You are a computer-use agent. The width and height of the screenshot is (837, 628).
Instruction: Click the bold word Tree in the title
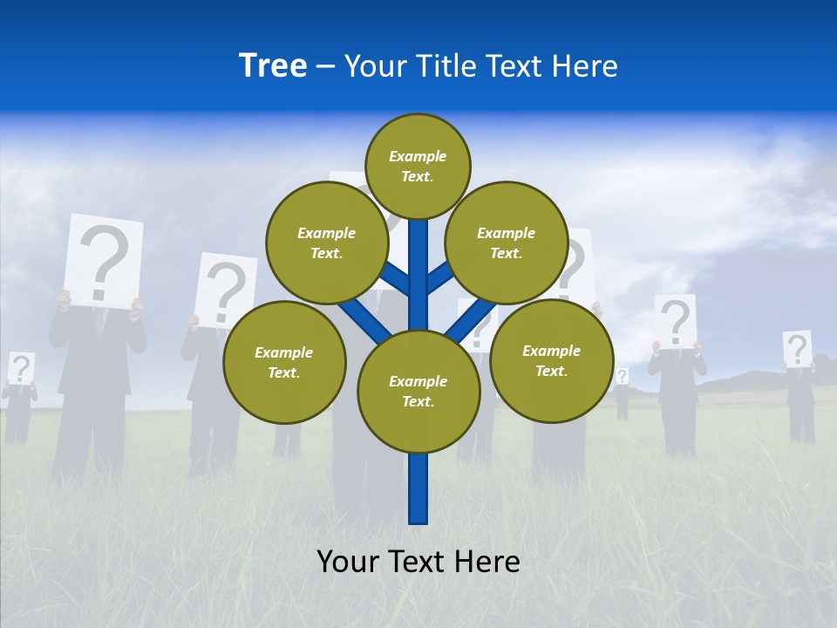273,66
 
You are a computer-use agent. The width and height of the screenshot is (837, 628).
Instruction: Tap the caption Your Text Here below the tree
418,562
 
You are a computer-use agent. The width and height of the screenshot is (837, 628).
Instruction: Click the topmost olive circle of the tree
418,166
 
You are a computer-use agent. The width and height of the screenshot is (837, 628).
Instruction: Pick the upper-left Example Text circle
326,242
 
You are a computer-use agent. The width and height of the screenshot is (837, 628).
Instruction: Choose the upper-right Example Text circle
507,242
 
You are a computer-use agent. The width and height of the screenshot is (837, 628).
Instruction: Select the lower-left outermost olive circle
284,362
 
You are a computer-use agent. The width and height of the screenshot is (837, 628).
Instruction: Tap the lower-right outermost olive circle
552,360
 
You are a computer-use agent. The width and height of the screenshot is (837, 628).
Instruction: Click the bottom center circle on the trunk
418,391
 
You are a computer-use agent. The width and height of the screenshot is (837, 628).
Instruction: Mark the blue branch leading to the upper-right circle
439,278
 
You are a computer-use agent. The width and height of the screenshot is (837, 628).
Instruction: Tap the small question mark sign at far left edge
20,368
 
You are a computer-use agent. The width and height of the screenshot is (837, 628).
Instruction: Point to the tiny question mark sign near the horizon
622,376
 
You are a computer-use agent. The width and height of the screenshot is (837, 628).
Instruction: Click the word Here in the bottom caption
489,562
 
